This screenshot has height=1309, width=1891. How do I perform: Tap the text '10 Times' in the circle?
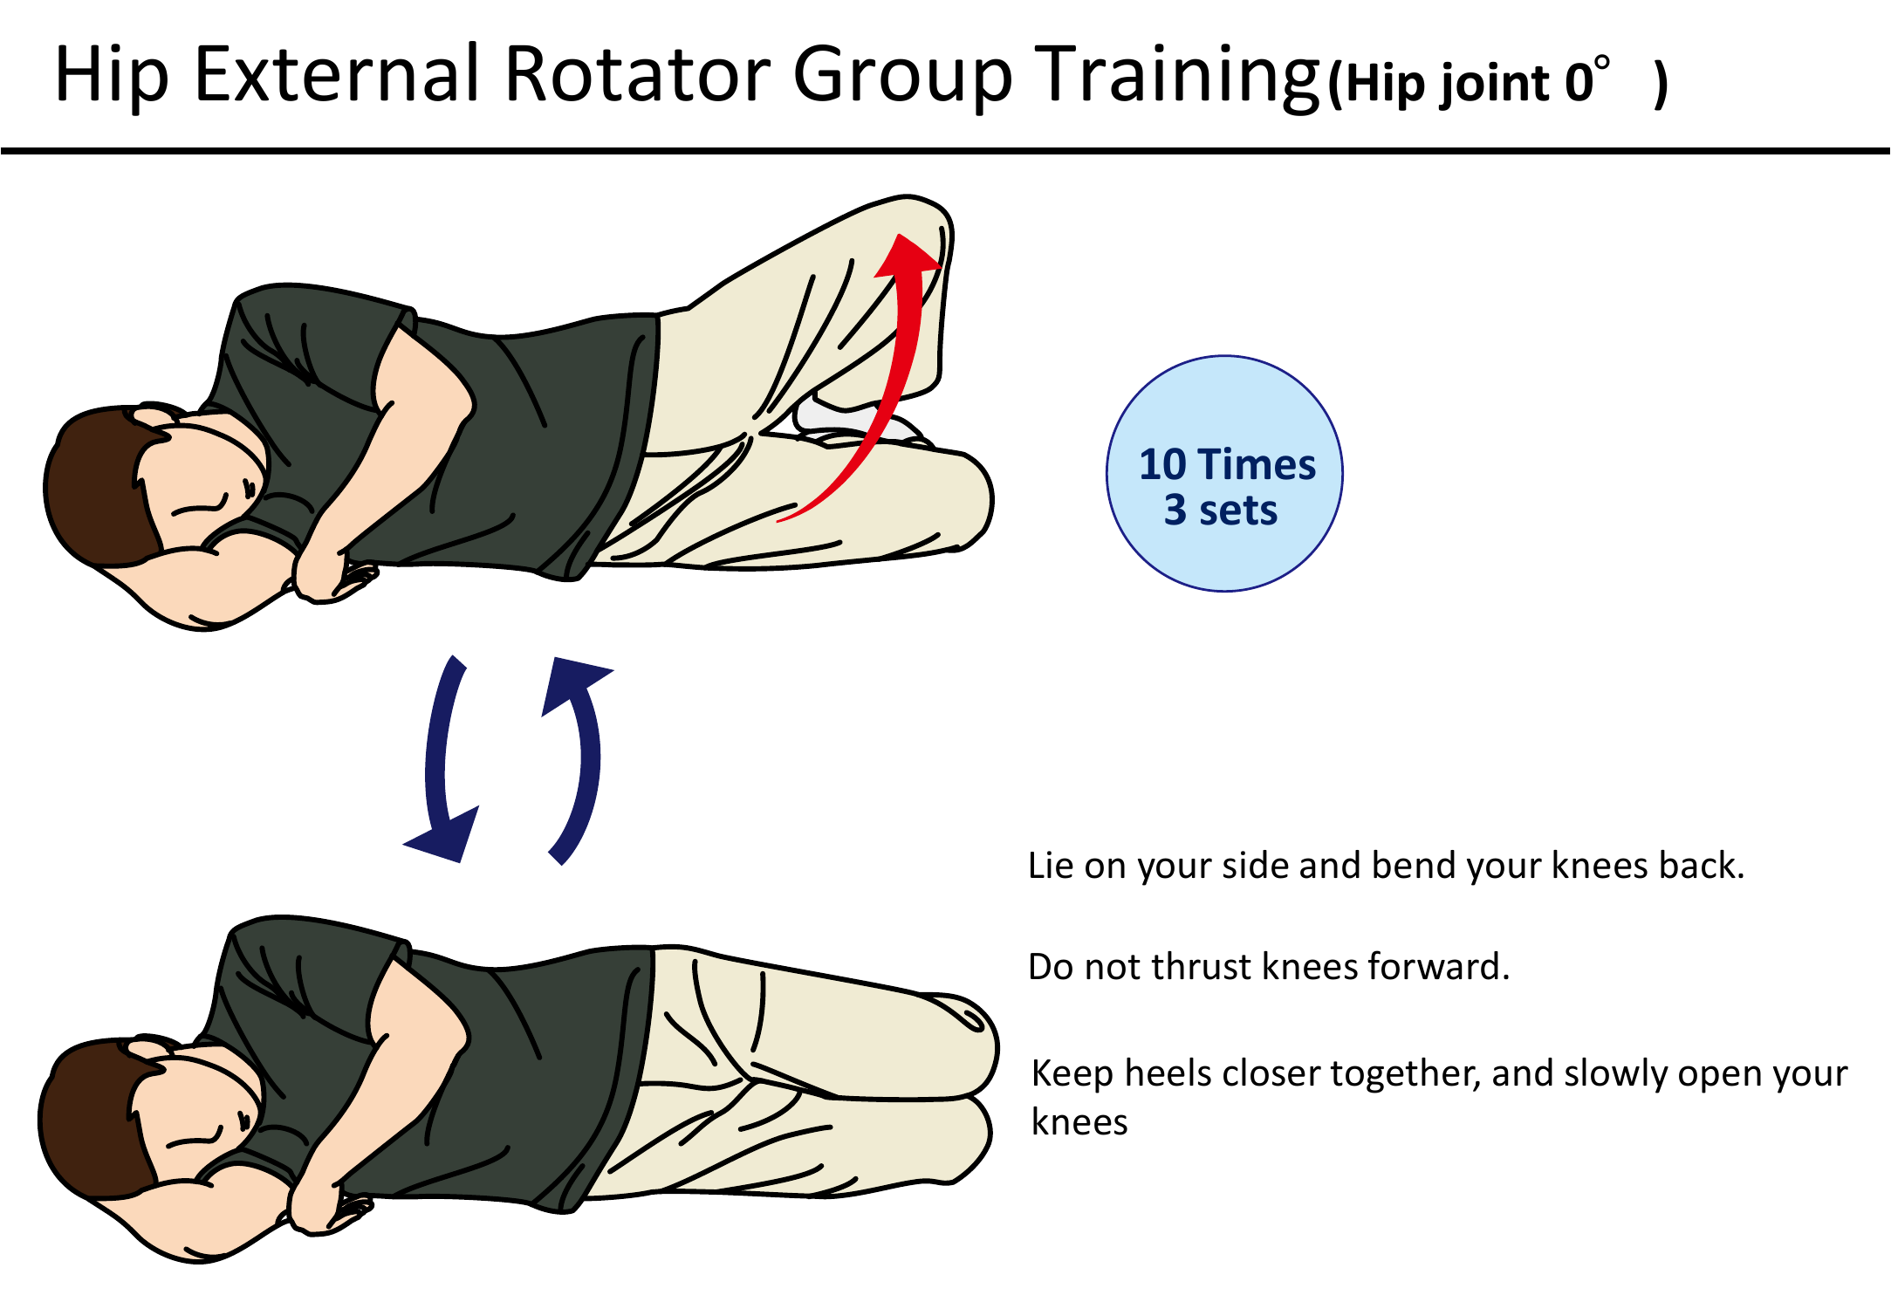(x=1227, y=464)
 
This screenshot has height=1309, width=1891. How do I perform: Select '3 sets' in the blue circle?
(x=1221, y=511)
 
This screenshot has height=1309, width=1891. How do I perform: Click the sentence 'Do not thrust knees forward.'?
(x=1268, y=967)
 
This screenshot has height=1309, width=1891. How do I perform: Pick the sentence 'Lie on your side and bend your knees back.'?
(x=1386, y=866)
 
